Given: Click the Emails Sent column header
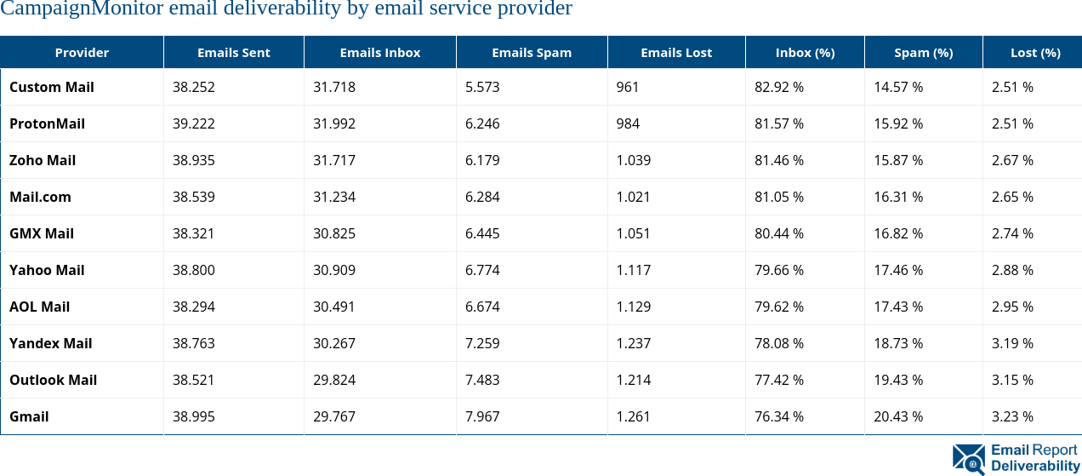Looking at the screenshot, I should coord(233,53).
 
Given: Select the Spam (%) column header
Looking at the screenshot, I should coord(923,53).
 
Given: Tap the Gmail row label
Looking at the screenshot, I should coord(29,416).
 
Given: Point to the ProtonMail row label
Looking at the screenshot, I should coord(47,123).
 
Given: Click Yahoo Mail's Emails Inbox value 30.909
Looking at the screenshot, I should coord(334,270).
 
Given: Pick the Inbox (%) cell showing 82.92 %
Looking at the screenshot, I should coord(779,87).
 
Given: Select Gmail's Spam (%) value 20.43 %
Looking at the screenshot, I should coord(898,416).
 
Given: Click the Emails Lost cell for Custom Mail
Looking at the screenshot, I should coord(628,87).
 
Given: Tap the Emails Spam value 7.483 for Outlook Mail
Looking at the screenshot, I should coord(482,380).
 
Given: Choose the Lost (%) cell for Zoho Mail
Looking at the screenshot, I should coord(1012,160).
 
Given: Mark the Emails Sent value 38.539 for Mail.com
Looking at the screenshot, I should coord(194,197).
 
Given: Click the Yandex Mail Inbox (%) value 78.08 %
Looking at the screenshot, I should coord(779,343).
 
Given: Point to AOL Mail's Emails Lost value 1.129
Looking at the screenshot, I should coord(634,307).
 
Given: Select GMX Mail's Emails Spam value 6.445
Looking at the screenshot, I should coord(482,233).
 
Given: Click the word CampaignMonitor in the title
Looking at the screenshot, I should coord(82,9).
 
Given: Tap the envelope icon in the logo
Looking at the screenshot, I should coord(969,459).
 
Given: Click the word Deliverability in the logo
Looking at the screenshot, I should coord(1034,466).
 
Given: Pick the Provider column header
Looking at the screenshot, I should coord(82,53).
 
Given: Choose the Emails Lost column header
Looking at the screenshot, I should coord(676,53).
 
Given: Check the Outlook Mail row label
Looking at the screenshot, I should coord(53,380).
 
